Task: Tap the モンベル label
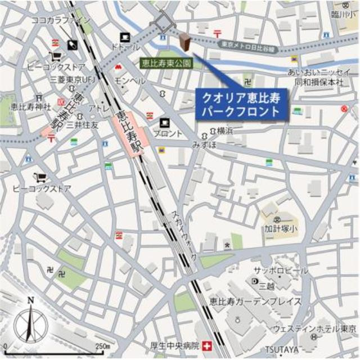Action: [x=130, y=81]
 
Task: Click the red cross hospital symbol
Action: [x=208, y=345]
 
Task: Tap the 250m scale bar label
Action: [x=102, y=345]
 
